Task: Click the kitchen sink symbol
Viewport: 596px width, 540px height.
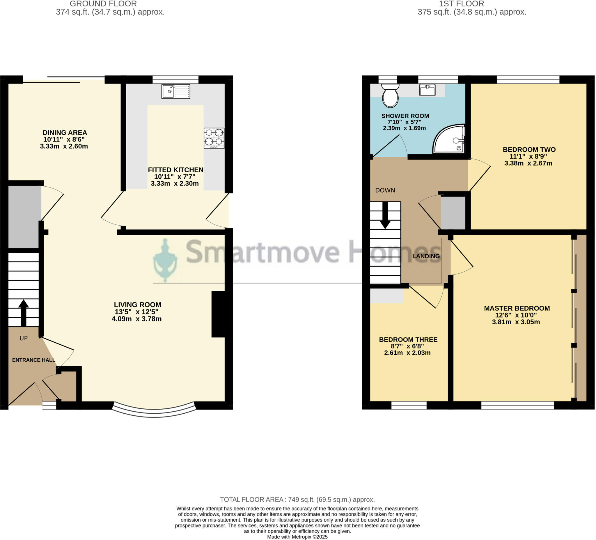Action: (176, 91)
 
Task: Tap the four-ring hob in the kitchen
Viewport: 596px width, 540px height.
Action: (214, 138)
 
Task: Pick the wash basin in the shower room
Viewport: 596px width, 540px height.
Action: (427, 90)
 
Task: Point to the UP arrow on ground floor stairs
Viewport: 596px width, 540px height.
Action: (23, 313)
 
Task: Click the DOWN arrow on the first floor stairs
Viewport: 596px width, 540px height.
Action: (385, 216)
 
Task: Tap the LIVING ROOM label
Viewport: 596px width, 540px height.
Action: (138, 305)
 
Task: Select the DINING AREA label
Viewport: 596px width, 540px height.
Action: (65, 133)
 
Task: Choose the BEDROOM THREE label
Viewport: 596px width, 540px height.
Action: (409, 340)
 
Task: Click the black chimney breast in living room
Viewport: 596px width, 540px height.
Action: (219, 314)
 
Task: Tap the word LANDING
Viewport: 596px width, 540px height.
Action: (426, 256)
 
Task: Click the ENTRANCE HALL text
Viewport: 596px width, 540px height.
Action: (34, 360)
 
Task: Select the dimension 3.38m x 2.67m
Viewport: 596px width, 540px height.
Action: (528, 164)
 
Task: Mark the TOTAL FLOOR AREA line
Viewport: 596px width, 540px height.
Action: (297, 500)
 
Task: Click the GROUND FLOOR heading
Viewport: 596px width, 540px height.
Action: (103, 4)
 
